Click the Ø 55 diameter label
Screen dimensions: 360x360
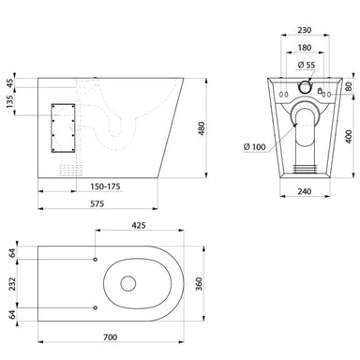[x=306, y=66]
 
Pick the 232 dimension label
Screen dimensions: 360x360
[x=9, y=282]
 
